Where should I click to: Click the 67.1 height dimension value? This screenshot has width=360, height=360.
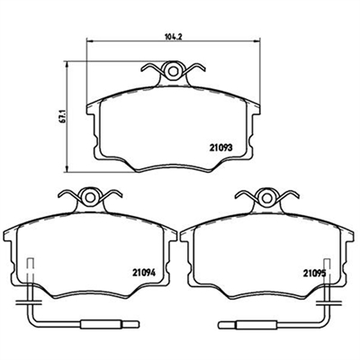(62, 116)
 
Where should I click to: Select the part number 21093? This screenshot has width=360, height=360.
(220, 148)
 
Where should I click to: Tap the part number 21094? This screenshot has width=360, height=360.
(144, 273)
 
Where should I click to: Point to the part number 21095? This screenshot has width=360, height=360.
(314, 273)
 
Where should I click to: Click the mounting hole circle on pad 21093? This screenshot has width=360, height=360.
(173, 71)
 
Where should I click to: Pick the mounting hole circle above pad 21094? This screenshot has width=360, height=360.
(89, 197)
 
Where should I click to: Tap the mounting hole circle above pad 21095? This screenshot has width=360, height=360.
(266, 197)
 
